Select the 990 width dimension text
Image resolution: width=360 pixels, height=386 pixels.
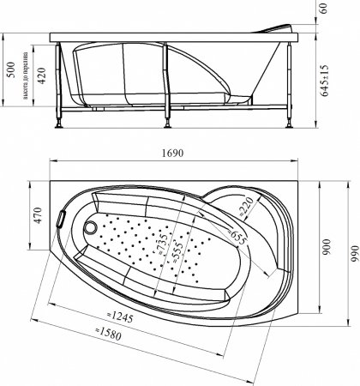[352, 254]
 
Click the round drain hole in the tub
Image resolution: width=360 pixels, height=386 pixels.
[92, 229]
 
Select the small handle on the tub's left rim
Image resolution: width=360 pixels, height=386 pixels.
[60, 218]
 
